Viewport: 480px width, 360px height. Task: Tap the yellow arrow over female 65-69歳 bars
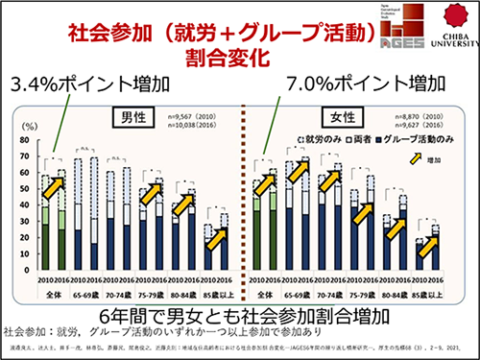tap(299, 171)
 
